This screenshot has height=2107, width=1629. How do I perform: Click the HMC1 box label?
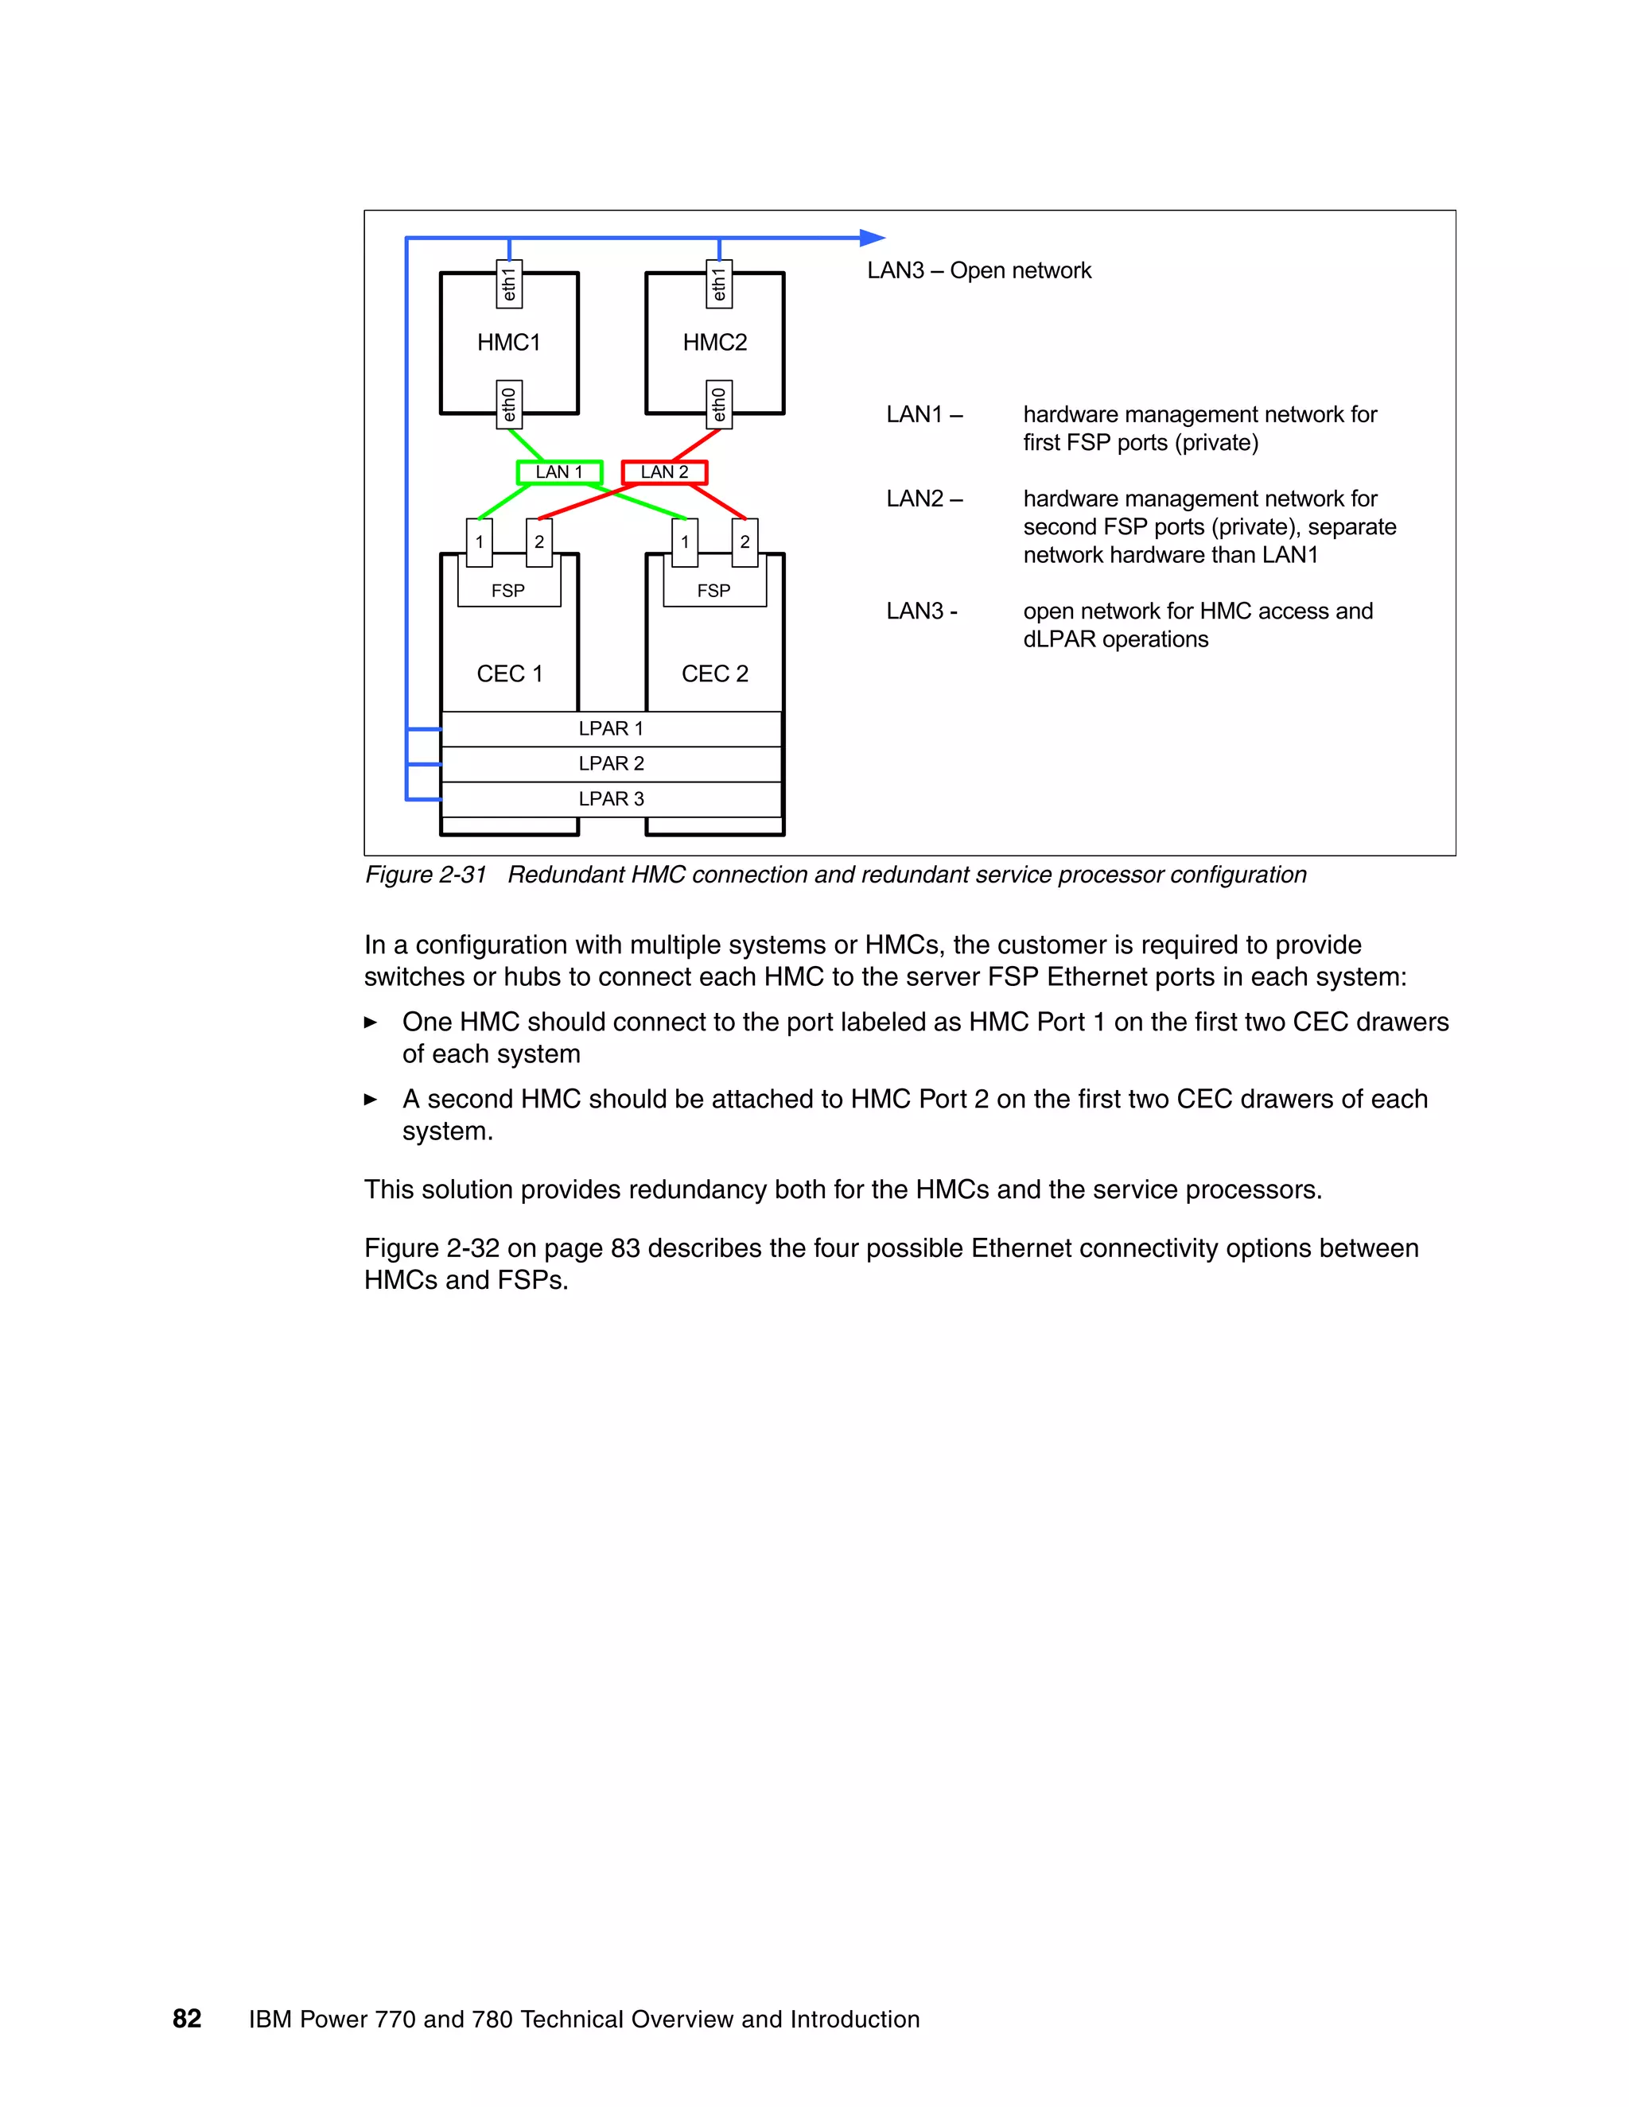pyautogui.click(x=508, y=343)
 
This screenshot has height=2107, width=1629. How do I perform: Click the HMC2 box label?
pyautogui.click(x=714, y=343)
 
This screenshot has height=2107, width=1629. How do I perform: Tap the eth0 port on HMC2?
pyautogui.click(x=719, y=404)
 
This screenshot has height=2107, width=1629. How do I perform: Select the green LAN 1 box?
pyautogui.click(x=560, y=471)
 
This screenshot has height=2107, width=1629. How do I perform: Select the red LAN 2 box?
pyautogui.click(x=665, y=471)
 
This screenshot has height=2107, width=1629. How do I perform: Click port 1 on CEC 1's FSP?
pyautogui.click(x=480, y=542)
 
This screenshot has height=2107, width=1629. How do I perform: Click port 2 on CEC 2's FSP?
pyautogui.click(x=745, y=542)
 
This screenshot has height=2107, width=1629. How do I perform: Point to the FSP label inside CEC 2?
pyautogui.click(x=714, y=591)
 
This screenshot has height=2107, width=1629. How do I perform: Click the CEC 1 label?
pyautogui.click(x=510, y=673)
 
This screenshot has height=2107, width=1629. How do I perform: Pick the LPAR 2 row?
pyautogui.click(x=611, y=764)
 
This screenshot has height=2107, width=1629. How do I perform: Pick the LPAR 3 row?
pyautogui.click(x=611, y=799)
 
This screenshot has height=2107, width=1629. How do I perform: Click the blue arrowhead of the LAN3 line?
pyautogui.click(x=872, y=237)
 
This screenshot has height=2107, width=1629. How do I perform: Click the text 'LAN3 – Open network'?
pyautogui.click(x=978, y=270)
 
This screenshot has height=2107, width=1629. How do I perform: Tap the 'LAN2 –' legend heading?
pyautogui.click(x=923, y=499)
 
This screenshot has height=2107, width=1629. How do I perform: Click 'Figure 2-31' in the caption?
pyautogui.click(x=426, y=875)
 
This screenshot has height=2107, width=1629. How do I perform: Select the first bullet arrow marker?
pyautogui.click(x=371, y=1022)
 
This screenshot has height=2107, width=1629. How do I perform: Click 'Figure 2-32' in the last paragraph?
pyautogui.click(x=431, y=1248)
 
